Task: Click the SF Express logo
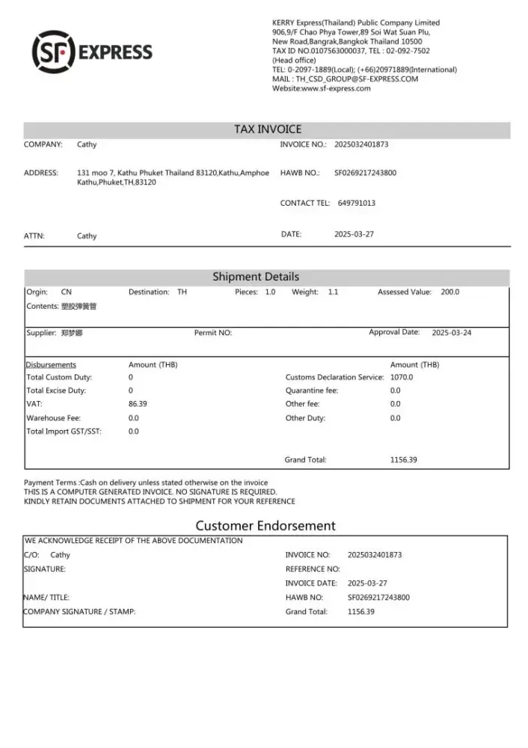click(x=92, y=51)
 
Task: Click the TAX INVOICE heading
click(x=267, y=129)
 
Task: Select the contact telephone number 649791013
click(x=357, y=203)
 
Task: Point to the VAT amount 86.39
click(x=138, y=404)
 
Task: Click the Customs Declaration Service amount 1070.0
click(x=402, y=377)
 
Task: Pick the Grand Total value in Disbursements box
click(x=403, y=460)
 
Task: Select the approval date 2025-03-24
click(x=452, y=333)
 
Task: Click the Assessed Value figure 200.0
click(x=450, y=292)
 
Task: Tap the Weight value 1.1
click(x=333, y=292)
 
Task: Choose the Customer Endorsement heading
click(x=265, y=526)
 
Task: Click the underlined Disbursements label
click(x=51, y=365)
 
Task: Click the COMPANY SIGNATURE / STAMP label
click(x=80, y=612)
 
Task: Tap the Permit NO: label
click(x=213, y=333)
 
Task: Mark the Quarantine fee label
click(x=311, y=390)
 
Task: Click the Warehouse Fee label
click(x=54, y=418)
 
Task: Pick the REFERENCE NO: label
click(x=313, y=569)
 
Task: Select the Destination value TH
click(x=182, y=292)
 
